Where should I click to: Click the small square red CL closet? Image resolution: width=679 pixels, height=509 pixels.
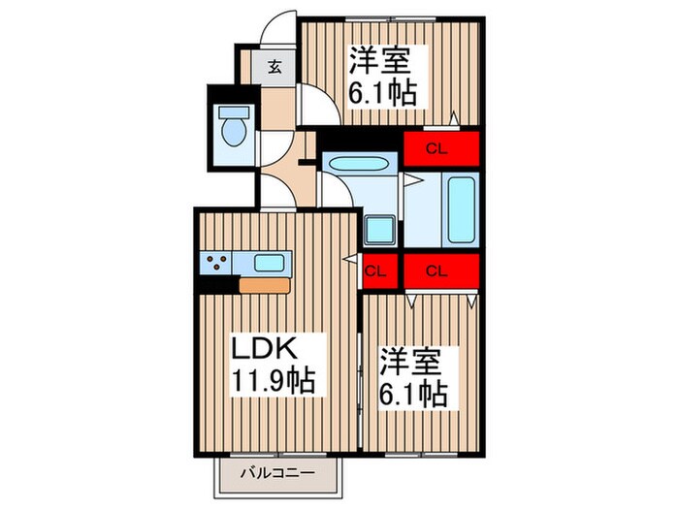click(377, 271)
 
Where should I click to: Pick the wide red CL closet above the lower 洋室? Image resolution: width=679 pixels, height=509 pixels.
click(439, 271)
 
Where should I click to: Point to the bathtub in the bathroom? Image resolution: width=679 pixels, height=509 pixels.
click(460, 211)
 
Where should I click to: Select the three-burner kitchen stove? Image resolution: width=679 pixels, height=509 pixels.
click(215, 262)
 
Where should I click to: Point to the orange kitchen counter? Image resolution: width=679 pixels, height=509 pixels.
click(264, 285)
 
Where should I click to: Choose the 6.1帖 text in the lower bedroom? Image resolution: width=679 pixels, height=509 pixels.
click(410, 395)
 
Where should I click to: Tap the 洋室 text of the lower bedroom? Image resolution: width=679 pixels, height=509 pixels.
click(410, 362)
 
